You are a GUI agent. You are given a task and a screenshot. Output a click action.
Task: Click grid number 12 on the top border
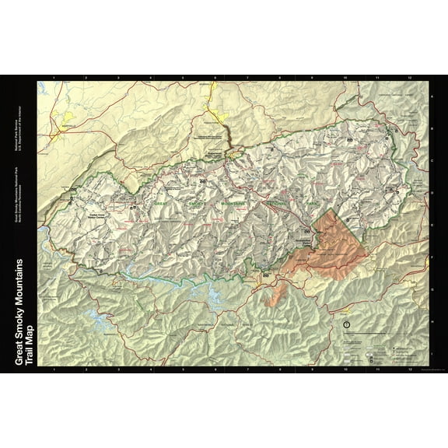[409, 78]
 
